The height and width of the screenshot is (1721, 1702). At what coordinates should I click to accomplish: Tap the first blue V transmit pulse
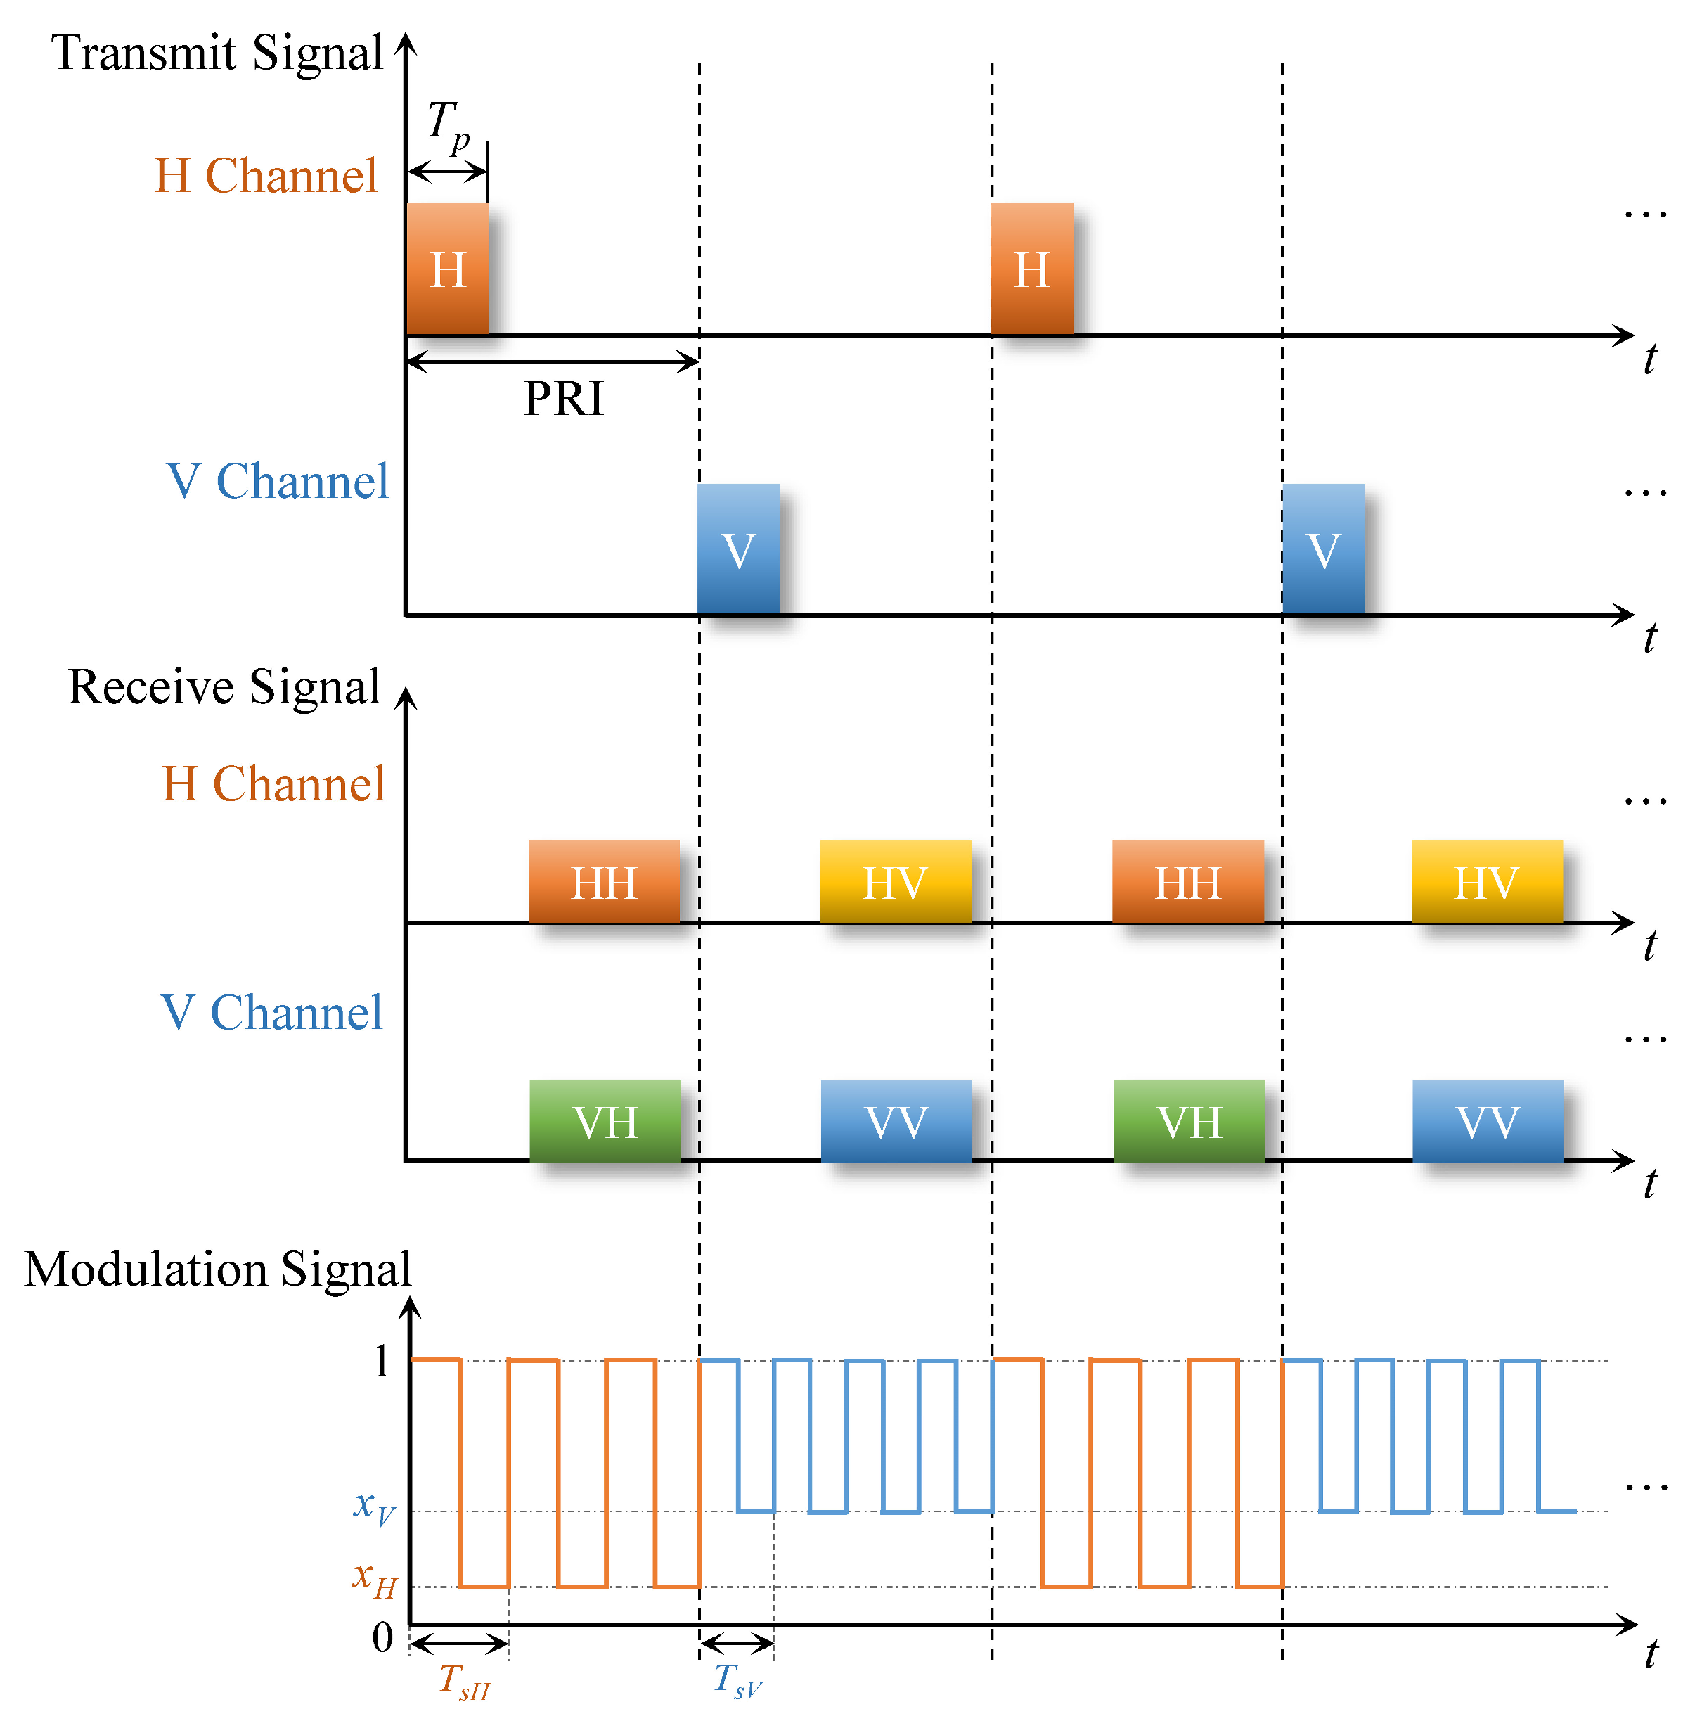(737, 549)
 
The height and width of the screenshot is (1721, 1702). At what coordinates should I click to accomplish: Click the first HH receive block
(603, 881)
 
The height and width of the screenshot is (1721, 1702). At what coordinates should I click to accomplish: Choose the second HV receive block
(1485, 881)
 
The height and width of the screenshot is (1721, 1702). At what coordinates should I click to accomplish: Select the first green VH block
(605, 1120)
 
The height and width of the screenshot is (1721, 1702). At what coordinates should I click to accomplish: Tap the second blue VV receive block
(1488, 1120)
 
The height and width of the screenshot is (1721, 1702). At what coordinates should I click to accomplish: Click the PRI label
(563, 398)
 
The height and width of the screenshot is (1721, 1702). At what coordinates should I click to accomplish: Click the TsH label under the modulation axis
(463, 1680)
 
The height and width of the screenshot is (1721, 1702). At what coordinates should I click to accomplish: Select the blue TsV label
(737, 1680)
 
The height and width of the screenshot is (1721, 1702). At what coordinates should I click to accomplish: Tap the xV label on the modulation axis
(373, 1505)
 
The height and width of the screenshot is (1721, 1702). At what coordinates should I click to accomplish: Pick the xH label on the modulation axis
(373, 1578)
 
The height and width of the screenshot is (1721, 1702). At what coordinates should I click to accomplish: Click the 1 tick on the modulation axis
(382, 1361)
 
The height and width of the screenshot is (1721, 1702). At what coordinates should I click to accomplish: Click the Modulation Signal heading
(217, 1269)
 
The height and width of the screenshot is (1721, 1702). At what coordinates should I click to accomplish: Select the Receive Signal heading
(224, 687)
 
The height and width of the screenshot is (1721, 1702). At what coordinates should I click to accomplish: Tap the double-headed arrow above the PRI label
(552, 362)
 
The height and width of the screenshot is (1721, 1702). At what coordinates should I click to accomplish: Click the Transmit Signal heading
(217, 53)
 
